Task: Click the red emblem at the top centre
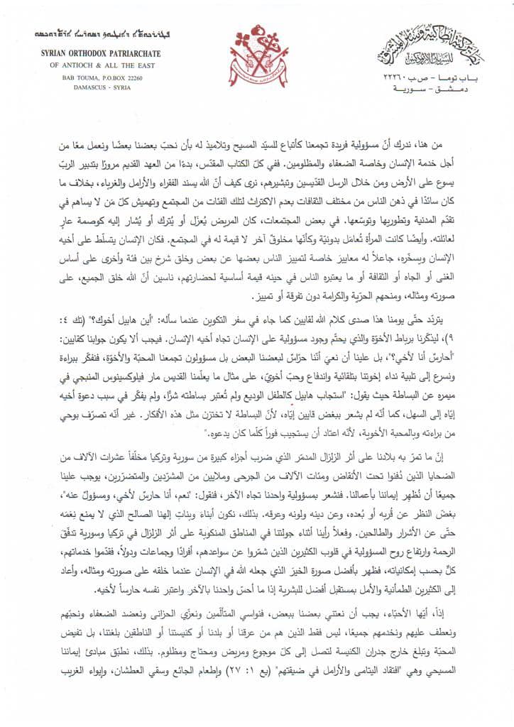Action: pyautogui.click(x=257, y=55)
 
